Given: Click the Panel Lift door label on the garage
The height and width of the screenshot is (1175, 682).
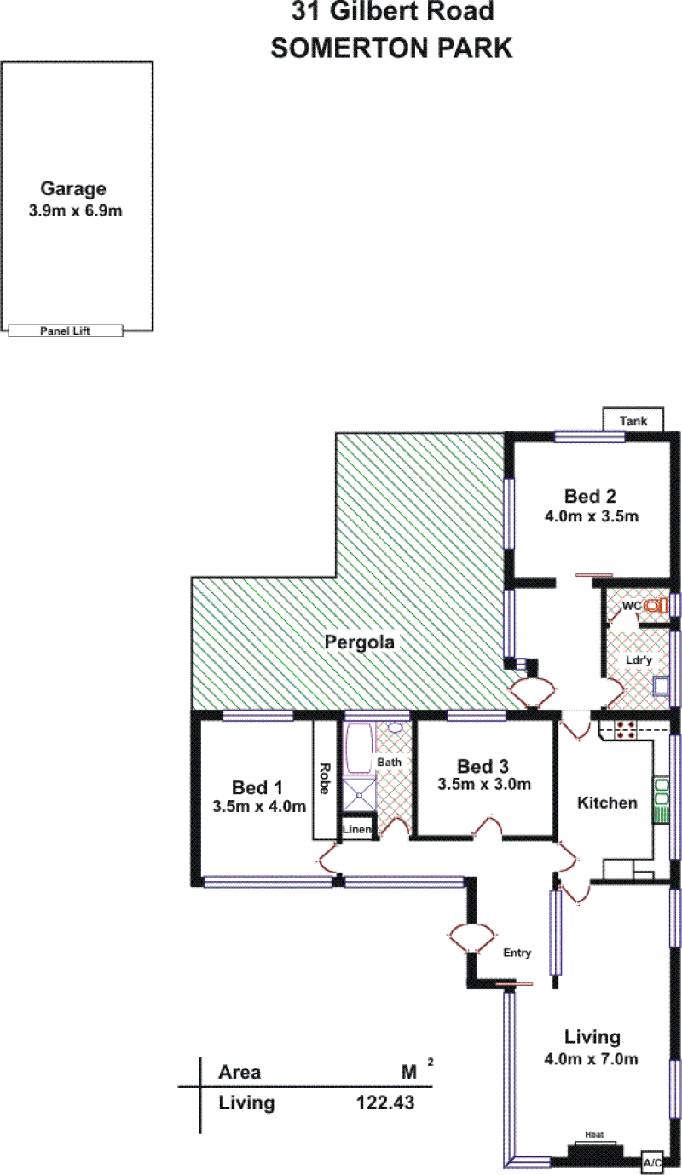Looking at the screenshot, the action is (x=65, y=331).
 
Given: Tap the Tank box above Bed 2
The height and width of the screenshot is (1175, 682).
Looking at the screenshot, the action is (x=633, y=420).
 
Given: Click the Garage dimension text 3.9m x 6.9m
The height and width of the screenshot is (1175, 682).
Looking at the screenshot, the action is (x=76, y=210).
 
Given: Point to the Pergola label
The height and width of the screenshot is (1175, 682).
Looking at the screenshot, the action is (x=360, y=642).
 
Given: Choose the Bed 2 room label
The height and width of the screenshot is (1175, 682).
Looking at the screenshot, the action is (x=590, y=496).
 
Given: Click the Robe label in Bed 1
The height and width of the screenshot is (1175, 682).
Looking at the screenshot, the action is (x=325, y=778).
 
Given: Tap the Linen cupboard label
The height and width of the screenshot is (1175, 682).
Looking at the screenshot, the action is (x=357, y=829).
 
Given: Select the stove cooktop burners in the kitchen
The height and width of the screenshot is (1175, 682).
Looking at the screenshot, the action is (x=625, y=729).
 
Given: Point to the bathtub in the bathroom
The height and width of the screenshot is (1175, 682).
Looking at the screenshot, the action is (x=360, y=748).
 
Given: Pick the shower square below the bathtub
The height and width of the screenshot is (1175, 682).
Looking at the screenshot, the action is (x=359, y=795).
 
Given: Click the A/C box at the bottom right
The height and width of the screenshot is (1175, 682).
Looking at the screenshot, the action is (x=653, y=1163).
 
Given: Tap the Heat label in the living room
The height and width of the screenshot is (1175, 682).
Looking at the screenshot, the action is (x=594, y=1134).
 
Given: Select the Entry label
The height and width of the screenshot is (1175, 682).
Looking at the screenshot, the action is (x=517, y=953).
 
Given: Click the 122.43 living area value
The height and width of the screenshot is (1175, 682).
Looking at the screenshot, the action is (x=385, y=1103).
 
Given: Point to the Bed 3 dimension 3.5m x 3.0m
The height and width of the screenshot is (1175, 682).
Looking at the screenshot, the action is (x=484, y=784).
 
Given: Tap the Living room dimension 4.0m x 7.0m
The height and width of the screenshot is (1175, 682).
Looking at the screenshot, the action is (x=591, y=1058).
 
